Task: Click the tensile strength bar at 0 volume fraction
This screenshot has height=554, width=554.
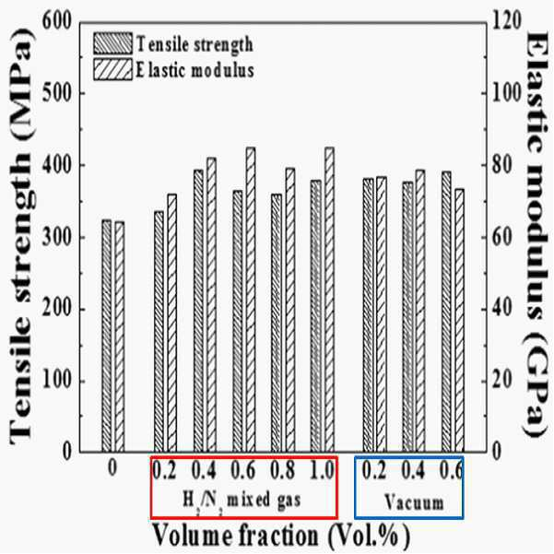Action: tap(107, 336)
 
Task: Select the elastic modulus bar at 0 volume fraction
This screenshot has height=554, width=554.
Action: tap(120, 336)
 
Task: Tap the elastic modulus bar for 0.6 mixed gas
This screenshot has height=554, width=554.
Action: tap(251, 300)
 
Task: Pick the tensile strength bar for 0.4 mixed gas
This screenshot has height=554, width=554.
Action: tap(198, 311)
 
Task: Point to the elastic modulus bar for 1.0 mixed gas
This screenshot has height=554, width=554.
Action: tap(329, 300)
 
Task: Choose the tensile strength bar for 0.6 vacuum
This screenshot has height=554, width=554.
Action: tap(446, 312)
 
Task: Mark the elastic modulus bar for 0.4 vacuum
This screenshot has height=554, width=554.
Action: tap(420, 311)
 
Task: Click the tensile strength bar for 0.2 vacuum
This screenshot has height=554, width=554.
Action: tap(369, 315)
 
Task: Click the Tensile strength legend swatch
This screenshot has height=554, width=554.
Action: tap(113, 43)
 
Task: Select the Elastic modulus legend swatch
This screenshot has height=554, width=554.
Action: tap(113, 69)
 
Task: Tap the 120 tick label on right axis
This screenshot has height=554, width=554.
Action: tap(507, 21)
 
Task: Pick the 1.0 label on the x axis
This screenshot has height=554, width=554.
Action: tap(322, 470)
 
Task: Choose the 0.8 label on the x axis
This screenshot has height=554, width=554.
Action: tap(283, 470)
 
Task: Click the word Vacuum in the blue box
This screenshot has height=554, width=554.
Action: tap(414, 502)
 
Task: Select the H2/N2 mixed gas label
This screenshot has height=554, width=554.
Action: tap(242, 501)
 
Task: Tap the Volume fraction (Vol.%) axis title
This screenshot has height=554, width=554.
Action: tap(281, 536)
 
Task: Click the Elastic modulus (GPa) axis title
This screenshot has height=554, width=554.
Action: tap(536, 234)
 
